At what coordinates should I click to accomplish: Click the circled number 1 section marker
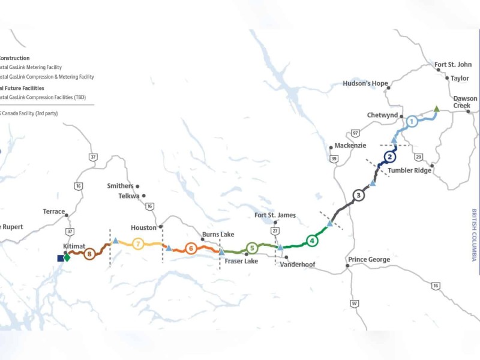pos(412,121)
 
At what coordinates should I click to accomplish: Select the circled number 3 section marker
pos(358,195)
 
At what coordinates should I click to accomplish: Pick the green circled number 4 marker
pos(312,241)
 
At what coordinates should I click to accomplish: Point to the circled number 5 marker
pos(252,247)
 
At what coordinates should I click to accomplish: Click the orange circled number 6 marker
pos(191,248)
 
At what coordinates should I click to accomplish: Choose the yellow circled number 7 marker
pos(139,244)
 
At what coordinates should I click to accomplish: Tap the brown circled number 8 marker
pos(90,254)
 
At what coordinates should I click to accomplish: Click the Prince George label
pos(368,260)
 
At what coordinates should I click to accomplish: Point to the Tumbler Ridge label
pos(410,170)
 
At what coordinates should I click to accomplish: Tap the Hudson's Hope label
pos(365,83)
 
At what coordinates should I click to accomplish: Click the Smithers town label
pos(120,186)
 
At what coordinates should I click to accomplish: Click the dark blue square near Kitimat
pos(60,258)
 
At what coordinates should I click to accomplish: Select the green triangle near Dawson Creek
pos(437,109)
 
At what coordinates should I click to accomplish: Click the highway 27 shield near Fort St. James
pos(275,230)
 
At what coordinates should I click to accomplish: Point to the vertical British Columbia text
pos(473,235)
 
